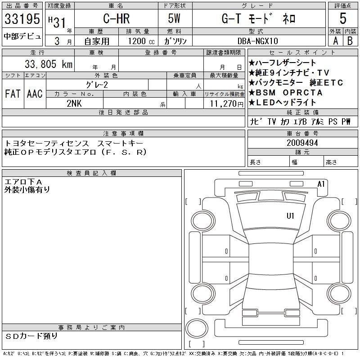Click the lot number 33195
tap(22, 19)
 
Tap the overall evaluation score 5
tap(343, 19)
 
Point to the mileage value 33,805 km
tap(44, 64)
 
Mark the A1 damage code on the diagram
tap(321, 184)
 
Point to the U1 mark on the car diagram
tap(290, 216)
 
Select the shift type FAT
tap(13, 94)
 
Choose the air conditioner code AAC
tap(35, 94)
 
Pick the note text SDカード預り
tap(32, 336)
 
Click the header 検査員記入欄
tap(92, 173)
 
